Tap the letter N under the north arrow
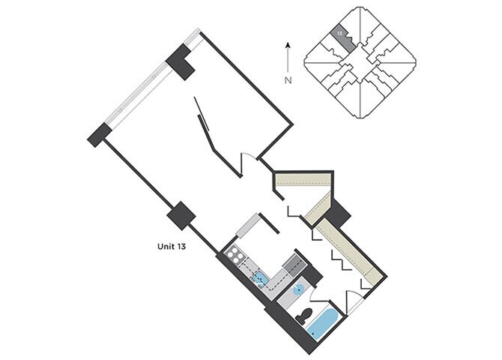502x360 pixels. tap(288, 79)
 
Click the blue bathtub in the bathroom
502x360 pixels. tap(324, 321)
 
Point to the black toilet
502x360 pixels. tap(303, 316)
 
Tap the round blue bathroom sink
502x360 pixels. tap(297, 289)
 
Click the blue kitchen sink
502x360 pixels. tap(259, 279)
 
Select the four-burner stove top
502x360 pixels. tap(236, 256)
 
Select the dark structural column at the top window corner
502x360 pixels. tap(181, 61)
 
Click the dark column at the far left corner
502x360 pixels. tap(99, 135)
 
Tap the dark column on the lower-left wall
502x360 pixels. tap(181, 216)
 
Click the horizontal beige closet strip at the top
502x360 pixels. tap(303, 179)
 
